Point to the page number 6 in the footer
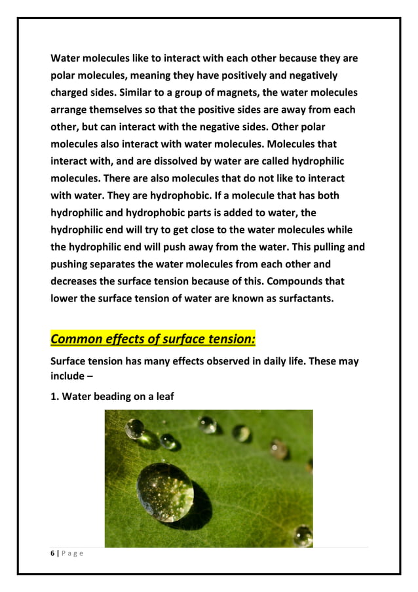coord(53,554)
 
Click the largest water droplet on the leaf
coord(165,492)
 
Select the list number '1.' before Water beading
coord(55,396)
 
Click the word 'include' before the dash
coord(69,376)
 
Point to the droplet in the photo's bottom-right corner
coord(303,536)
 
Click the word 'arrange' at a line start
coord(71,109)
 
